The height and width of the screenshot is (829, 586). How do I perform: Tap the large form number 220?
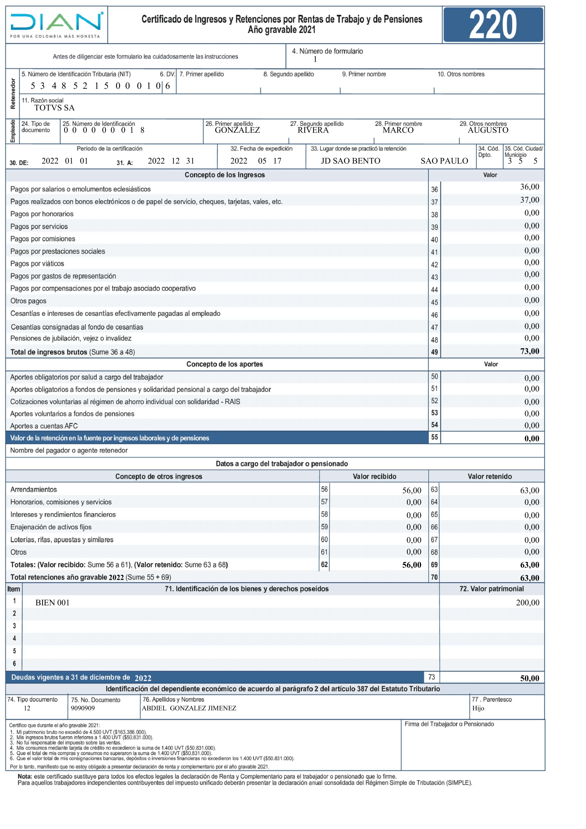pos(492,24)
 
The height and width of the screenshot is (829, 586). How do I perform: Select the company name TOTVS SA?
pos(54,108)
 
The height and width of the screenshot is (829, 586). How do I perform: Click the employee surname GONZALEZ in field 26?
pos(237,130)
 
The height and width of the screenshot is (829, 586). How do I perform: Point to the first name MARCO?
pos(398,130)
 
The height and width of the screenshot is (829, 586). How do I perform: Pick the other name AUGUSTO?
pos(488,130)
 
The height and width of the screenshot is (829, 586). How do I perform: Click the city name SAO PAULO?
pos(444,161)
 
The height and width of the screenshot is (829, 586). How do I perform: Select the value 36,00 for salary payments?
pos(529,187)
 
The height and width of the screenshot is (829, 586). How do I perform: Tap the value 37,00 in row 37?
pos(529,200)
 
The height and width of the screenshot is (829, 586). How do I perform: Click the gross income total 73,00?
pos(529,351)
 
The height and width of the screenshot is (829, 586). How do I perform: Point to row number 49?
pos(434,352)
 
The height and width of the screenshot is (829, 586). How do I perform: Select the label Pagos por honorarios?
pos(42,214)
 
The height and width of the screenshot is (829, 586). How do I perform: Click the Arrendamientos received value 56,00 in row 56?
pos(412,490)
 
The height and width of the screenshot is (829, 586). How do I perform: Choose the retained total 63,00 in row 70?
pos(529,578)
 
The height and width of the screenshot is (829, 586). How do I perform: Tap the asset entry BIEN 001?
pos(52,603)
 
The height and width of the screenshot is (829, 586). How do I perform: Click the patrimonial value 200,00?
pos(528,603)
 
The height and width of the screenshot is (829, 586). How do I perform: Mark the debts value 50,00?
pos(529,678)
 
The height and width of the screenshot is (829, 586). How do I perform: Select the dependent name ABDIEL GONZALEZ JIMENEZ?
pos(189,708)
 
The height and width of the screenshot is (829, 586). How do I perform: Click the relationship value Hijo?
pos(478,708)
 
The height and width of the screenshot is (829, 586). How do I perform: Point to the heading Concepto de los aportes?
pos(224,364)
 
